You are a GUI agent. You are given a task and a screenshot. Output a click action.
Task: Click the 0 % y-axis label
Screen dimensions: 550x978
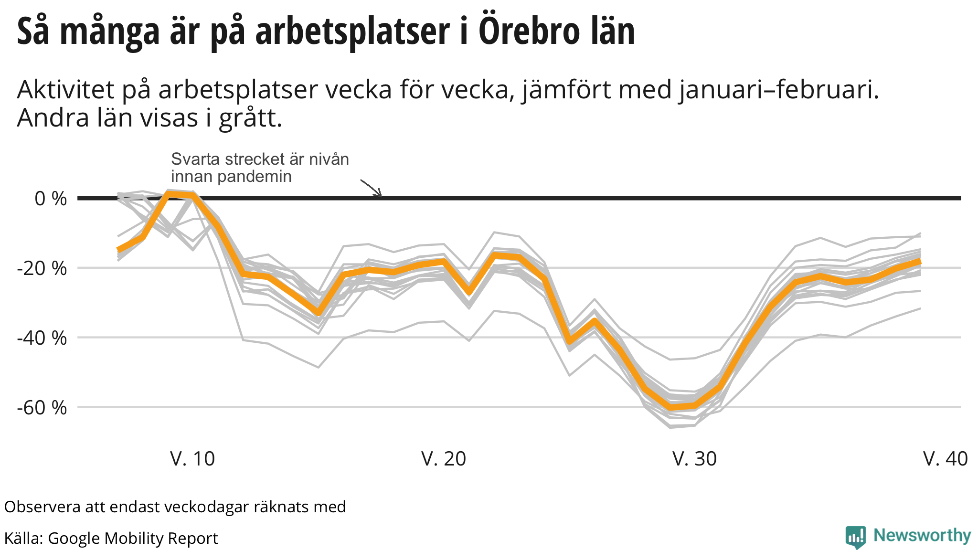(x=51, y=199)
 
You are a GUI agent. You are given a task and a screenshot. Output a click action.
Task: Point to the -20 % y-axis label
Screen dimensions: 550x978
(x=42, y=268)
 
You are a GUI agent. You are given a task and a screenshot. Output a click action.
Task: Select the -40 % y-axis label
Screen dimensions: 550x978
(x=42, y=338)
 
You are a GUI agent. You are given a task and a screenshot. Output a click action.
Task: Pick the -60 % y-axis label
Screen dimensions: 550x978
(x=42, y=408)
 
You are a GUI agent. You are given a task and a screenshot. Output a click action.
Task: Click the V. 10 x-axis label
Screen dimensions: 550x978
(x=192, y=459)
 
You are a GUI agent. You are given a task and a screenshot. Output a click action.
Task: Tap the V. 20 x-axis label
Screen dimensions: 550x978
(x=443, y=459)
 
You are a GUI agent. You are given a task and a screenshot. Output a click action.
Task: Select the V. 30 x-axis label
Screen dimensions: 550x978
(x=694, y=459)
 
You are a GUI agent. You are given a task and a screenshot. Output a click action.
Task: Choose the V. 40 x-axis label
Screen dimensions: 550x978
(x=945, y=459)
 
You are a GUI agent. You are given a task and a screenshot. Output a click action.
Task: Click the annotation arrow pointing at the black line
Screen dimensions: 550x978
(x=372, y=188)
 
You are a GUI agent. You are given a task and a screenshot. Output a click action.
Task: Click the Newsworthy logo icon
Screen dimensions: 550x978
(x=855, y=537)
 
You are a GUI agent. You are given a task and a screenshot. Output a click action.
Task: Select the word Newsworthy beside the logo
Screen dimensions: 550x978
(x=922, y=536)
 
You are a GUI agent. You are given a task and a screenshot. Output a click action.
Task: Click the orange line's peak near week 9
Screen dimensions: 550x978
(x=168, y=193)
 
